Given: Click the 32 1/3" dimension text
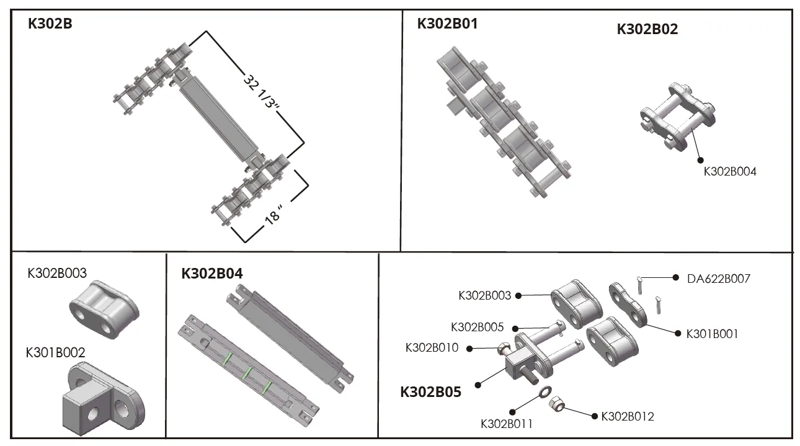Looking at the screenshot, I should coord(260,93).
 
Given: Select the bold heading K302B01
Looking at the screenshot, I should coord(447,24).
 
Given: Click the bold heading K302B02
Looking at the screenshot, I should coord(647,29).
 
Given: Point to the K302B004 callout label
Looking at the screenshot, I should coord(729,172).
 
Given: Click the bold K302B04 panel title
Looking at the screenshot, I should coord(211,274).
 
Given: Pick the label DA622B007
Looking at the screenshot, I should coord(718,279).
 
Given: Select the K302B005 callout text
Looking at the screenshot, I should coord(477,327).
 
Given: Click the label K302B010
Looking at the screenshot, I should coord(432,348).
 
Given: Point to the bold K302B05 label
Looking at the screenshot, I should coord(430,392).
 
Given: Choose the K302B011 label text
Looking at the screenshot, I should coord(507,424).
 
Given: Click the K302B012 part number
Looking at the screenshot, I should coord(627,416).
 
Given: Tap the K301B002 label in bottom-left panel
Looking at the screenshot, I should coord(55,352).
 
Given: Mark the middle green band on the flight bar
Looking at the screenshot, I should coord(247,374).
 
